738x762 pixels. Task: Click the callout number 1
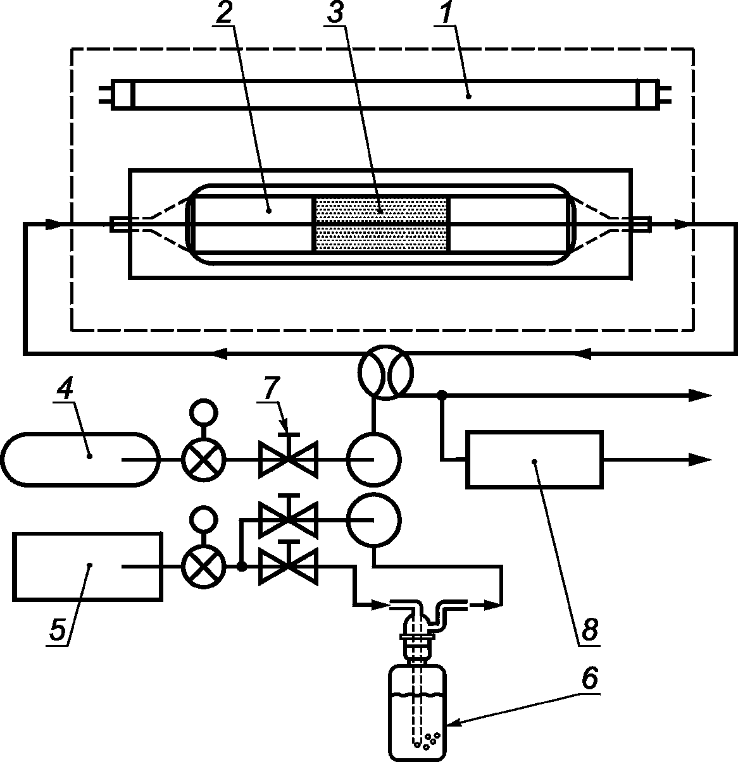point(446,12)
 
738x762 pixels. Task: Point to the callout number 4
point(65,388)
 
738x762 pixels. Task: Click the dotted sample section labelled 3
point(382,224)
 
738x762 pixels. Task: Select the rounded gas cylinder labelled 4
point(80,459)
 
